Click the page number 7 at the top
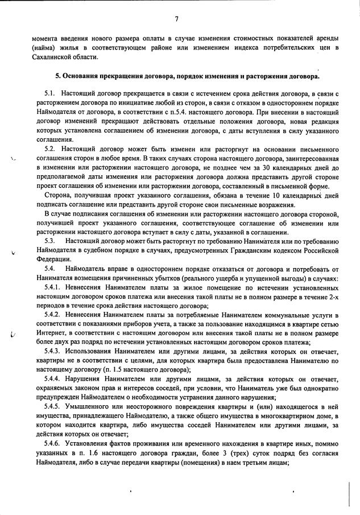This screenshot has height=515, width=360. [x=177, y=19]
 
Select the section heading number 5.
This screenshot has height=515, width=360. [x=57, y=76]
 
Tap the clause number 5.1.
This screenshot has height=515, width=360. [x=49, y=93]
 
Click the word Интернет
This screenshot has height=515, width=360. [x=49, y=333]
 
